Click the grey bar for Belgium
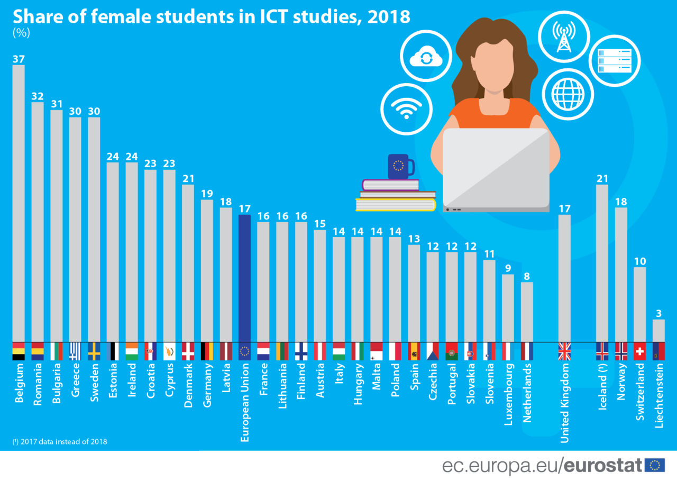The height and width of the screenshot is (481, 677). pos(19,204)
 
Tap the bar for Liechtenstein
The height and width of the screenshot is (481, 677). pos(658,330)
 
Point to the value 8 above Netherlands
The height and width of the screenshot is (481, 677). pos(527,276)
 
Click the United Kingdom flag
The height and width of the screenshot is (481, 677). pos(565,351)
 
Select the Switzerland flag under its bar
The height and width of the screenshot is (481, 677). pos(640,351)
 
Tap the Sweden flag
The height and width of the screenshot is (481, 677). pos(94,351)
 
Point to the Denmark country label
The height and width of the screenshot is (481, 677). pos(188,386)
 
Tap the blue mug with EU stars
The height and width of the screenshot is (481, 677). pos(399,166)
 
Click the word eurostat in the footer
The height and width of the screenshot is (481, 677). pos(602,466)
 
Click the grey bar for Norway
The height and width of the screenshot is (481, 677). pos(621,275)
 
